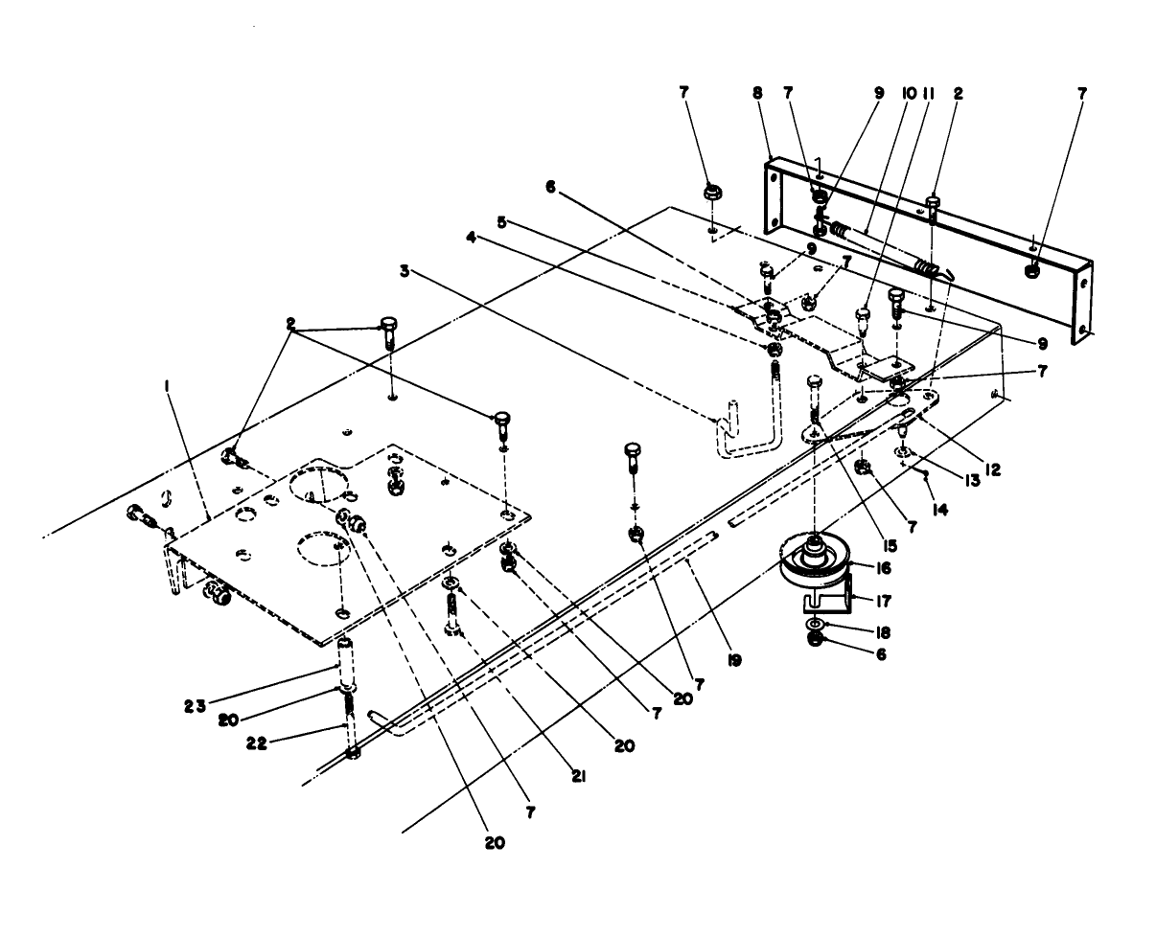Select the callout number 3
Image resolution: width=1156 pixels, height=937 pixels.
point(406,271)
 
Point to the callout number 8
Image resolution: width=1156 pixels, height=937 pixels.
point(758,94)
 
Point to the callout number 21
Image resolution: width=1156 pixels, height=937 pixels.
point(577,777)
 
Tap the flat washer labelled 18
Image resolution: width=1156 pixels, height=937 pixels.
point(815,623)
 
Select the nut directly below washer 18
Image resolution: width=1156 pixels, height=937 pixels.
point(815,639)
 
